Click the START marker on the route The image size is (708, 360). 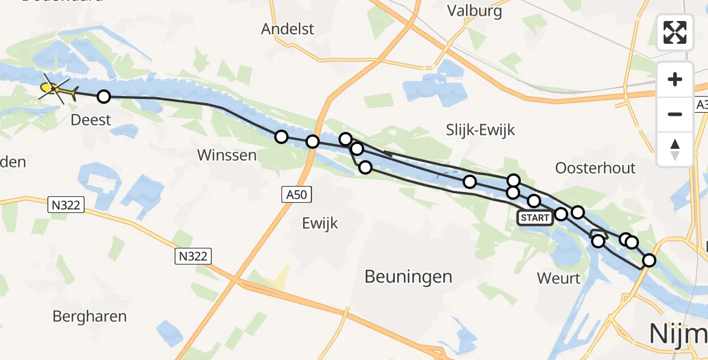(x=535, y=218)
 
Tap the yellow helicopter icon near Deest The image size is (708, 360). (x=55, y=90)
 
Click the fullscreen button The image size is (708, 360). (x=675, y=32)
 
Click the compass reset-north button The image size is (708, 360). (x=675, y=149)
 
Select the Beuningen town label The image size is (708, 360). (x=409, y=277)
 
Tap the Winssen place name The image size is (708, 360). (x=227, y=155)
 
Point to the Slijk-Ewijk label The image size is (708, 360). (x=481, y=130)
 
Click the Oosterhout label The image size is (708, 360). (x=595, y=168)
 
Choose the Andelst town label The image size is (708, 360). (x=288, y=29)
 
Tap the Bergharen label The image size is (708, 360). (x=89, y=316)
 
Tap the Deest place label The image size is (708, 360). (x=91, y=119)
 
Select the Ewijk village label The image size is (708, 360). (x=319, y=224)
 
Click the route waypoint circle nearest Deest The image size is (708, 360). (x=104, y=97)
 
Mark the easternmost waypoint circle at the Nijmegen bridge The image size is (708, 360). (x=649, y=260)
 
